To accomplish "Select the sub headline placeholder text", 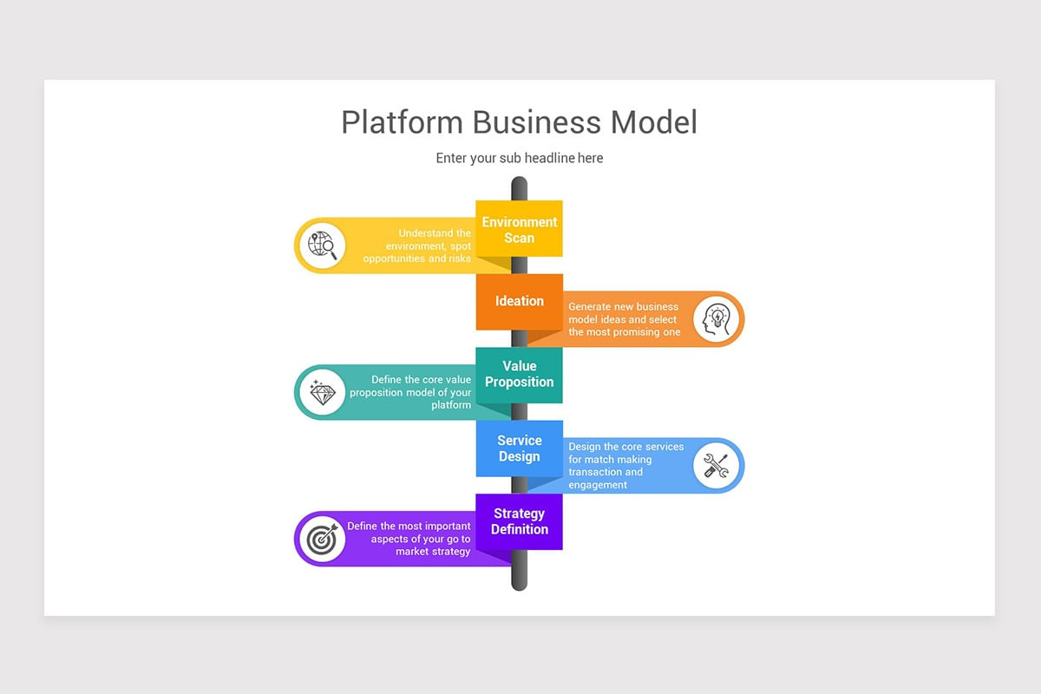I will (519, 158).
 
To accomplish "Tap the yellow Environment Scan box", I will (519, 229).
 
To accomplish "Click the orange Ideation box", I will (519, 301).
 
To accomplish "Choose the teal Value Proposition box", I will (519, 375).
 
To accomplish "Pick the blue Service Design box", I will (519, 448).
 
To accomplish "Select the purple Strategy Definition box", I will (519, 521).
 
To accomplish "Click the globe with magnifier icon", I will (323, 246).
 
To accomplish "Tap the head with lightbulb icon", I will (717, 319).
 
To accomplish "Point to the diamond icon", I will (323, 392).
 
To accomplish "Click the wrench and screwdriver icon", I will (717, 466).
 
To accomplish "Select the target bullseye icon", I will (323, 539).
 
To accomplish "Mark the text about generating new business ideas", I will (624, 319).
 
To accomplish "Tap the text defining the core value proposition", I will (411, 392).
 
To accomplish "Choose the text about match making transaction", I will (625, 466).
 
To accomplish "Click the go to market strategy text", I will (409, 539).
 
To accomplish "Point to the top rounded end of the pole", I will (519, 185).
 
